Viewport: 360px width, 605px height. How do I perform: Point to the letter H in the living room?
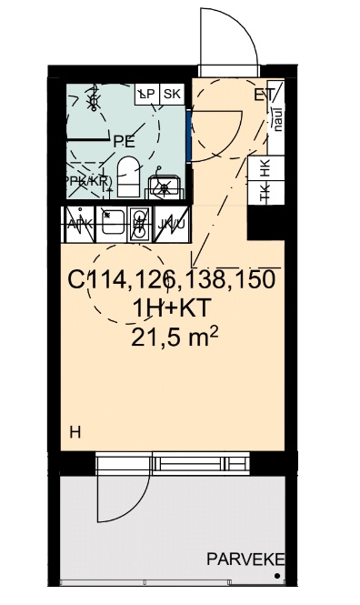pyautogui.click(x=75, y=432)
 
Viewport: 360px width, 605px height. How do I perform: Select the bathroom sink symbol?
pyautogui.click(x=165, y=187)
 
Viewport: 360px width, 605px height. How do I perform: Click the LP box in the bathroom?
pyautogui.click(x=145, y=94)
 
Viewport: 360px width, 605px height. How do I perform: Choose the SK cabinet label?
pyautogui.click(x=172, y=94)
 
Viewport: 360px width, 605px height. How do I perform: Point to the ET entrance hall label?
pyautogui.click(x=264, y=94)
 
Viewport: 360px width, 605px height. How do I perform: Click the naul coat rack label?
pyautogui.click(x=277, y=119)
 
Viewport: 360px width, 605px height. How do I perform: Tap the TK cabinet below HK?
pyautogui.click(x=265, y=192)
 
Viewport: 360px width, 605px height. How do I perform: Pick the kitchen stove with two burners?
pyautogui.click(x=139, y=224)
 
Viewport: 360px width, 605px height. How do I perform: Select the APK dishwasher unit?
pyautogui.click(x=79, y=224)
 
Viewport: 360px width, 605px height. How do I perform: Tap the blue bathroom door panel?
pyautogui.click(x=188, y=132)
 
